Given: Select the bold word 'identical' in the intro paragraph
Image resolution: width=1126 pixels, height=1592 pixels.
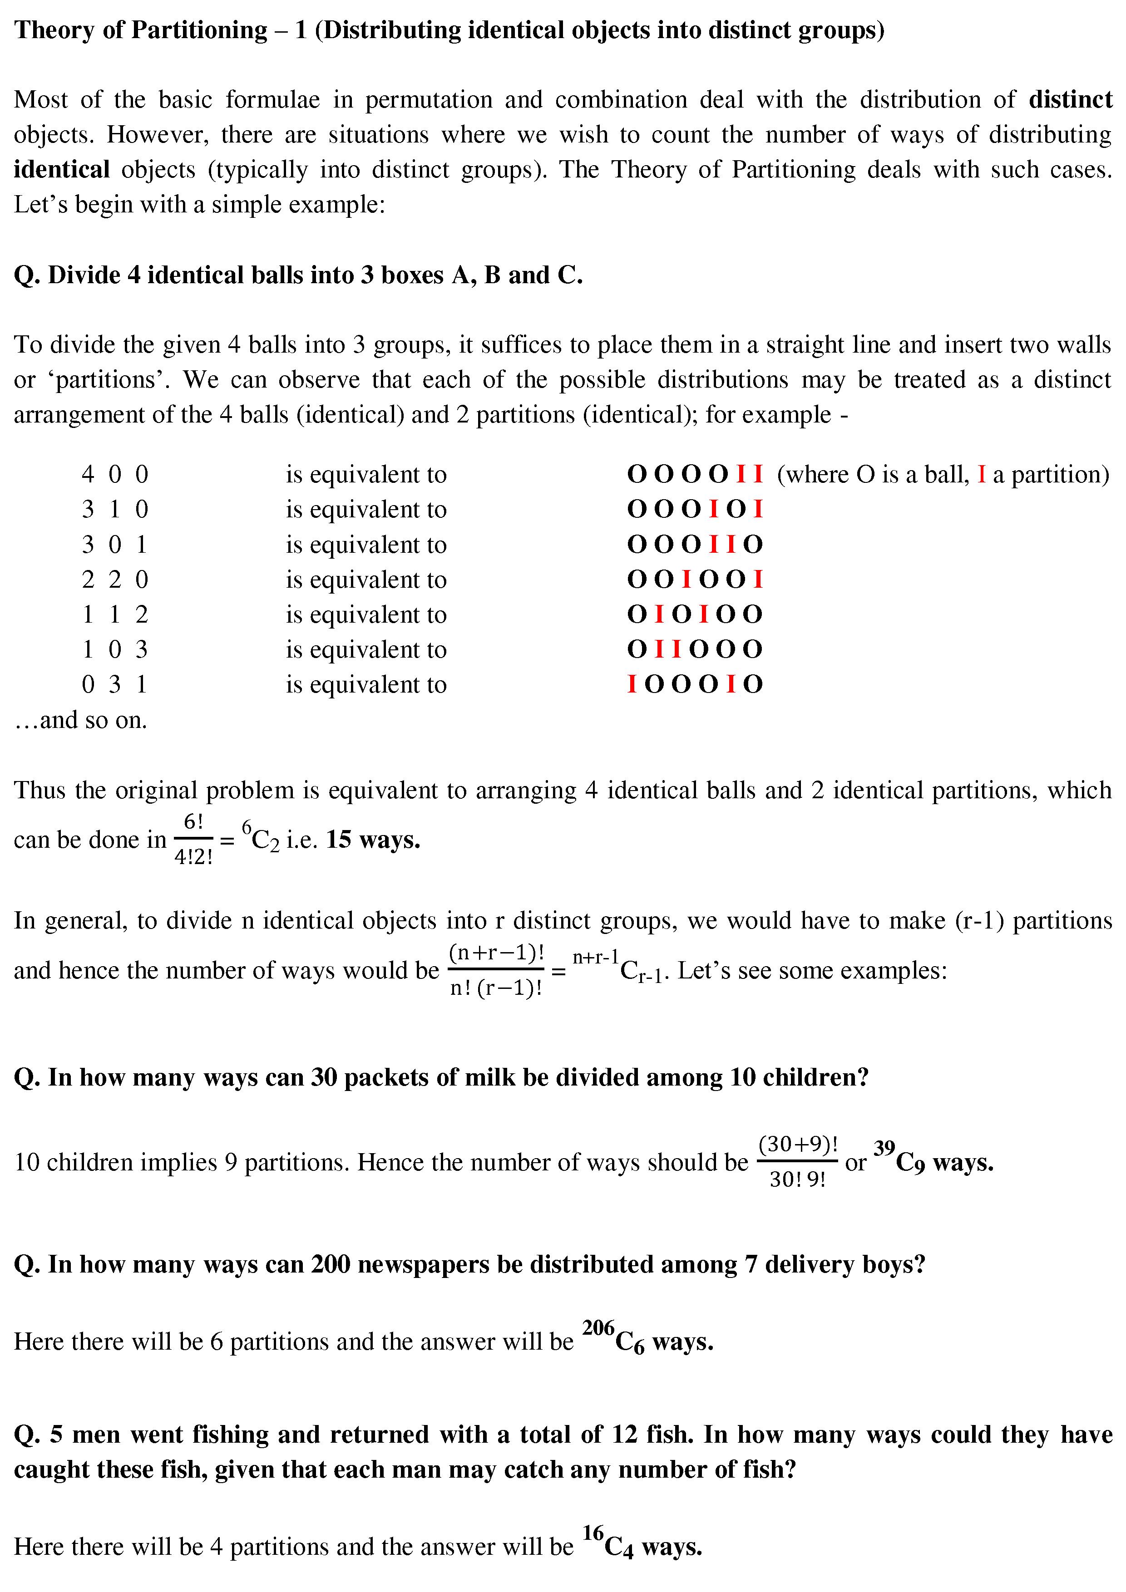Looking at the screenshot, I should (x=61, y=170).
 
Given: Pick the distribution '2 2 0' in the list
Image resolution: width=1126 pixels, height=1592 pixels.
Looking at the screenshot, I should (x=114, y=580).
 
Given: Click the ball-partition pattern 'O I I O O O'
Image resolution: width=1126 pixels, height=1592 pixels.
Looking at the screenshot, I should (x=695, y=650).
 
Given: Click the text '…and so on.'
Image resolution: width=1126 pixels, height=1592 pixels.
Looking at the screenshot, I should (x=80, y=720).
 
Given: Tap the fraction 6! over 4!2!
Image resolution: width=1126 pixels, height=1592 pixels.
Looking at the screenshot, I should (x=193, y=840).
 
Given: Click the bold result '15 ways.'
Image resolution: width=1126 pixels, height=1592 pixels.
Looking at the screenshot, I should (x=373, y=840).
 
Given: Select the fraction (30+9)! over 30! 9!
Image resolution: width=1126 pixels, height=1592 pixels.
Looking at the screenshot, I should (x=797, y=1161).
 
